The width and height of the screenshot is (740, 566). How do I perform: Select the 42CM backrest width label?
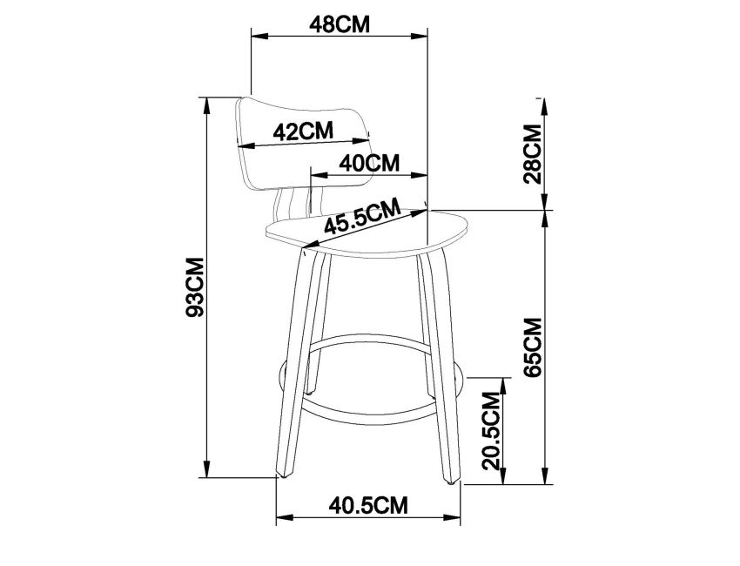coord(303,131)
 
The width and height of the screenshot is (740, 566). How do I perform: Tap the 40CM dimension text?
coord(369,162)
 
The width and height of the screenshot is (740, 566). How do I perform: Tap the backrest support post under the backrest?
coord(287,209)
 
